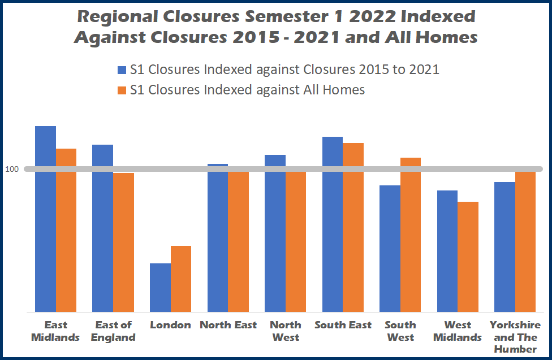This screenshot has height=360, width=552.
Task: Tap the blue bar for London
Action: pos(160,288)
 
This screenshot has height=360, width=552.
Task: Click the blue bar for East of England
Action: pos(102,228)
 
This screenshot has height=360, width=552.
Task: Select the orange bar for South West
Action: pos(411,235)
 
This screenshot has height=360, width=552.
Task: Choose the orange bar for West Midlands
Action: pos(468,257)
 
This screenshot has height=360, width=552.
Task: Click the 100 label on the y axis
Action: pos(12,169)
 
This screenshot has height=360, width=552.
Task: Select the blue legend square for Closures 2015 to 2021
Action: pos(122,70)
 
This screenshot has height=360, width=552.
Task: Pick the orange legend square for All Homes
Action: pos(122,89)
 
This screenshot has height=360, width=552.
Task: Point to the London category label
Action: pos(170,325)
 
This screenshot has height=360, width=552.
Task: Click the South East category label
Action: pos(343,325)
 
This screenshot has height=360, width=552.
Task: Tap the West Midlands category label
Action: pos(458,331)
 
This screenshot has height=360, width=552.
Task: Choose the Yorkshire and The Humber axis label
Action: pos(515,337)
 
